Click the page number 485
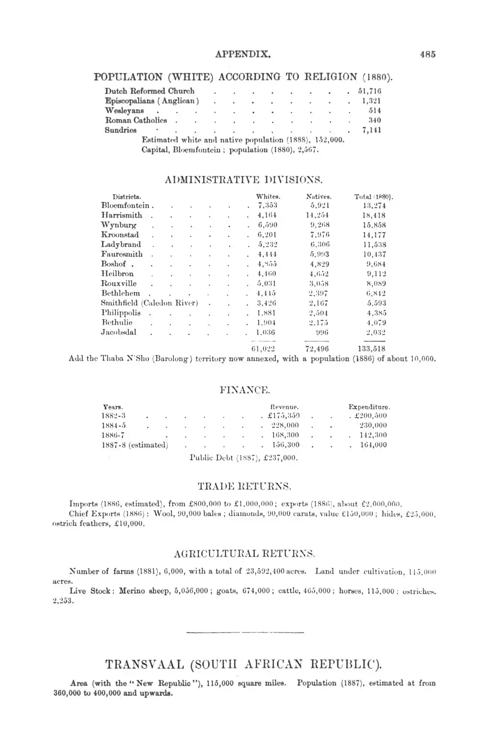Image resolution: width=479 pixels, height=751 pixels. click(x=428, y=54)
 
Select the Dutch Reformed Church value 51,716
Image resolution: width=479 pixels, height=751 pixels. click(x=369, y=91)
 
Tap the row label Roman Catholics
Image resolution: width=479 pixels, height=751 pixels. click(x=136, y=120)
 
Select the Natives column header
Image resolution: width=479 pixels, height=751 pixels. click(x=319, y=197)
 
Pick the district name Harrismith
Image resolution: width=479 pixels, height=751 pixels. click(x=122, y=215)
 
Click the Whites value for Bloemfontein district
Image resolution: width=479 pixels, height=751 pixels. click(x=268, y=206)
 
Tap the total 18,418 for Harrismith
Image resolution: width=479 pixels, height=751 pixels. click(x=374, y=215)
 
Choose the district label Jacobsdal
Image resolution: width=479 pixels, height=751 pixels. click(x=119, y=332)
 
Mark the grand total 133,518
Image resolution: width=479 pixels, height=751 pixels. click(x=371, y=349)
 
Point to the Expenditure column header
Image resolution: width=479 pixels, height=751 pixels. click(x=369, y=407)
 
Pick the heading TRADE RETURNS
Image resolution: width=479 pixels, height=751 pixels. click(x=244, y=487)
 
